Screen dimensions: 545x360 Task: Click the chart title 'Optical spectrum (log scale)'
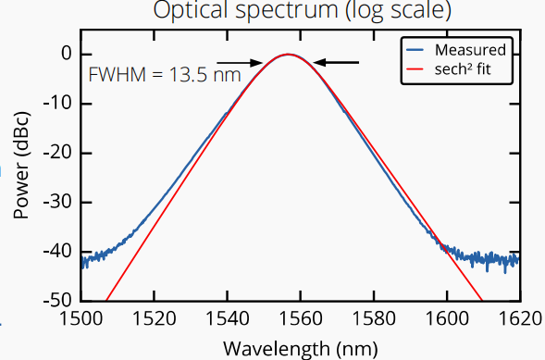[x=302, y=9]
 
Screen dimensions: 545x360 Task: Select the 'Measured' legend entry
[x=455, y=50]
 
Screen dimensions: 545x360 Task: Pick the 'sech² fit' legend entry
[x=449, y=69]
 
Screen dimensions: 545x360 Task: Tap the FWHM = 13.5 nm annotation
[x=165, y=75]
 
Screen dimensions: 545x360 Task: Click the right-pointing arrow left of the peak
[x=240, y=63]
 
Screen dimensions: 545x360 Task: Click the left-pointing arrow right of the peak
[x=336, y=63]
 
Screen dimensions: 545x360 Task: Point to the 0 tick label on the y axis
[x=66, y=54]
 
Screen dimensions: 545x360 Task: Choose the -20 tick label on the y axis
[x=58, y=153]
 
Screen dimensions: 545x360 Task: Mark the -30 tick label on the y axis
[x=58, y=202]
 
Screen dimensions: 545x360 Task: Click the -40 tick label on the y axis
[x=58, y=251]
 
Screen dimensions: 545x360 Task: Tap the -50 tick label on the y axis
[x=58, y=300]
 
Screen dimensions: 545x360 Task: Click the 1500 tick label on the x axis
[x=81, y=318]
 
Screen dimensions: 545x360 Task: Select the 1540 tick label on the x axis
[x=228, y=318]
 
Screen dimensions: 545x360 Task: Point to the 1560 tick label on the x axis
[x=301, y=318]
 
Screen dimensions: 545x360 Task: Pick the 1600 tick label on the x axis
[x=447, y=318]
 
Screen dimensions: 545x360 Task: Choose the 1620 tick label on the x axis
[x=520, y=318]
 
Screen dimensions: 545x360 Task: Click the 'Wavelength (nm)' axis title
[x=301, y=349]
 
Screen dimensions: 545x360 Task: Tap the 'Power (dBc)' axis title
[x=21, y=166]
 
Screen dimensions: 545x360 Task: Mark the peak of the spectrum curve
[x=288, y=55]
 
